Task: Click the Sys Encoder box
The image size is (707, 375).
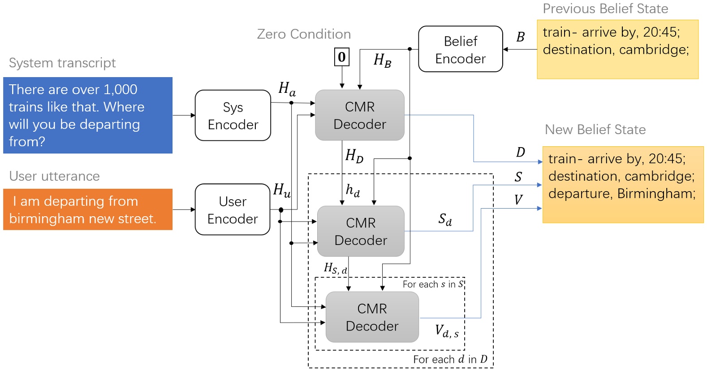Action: tap(233, 116)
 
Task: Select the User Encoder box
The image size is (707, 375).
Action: tap(233, 209)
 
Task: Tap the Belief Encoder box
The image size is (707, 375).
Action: tap(460, 49)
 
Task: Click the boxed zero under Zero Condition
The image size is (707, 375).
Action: tap(342, 57)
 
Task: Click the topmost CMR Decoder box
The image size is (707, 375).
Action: tap(360, 115)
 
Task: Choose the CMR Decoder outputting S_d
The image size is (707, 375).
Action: tap(361, 231)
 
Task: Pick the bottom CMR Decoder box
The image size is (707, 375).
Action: tap(372, 317)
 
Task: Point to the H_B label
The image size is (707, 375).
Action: tap(382, 60)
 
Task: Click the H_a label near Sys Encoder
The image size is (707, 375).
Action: tap(287, 89)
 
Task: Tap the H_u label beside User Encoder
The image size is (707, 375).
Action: tap(282, 190)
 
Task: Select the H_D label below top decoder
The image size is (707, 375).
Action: tap(354, 156)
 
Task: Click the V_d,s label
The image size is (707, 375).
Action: tap(447, 331)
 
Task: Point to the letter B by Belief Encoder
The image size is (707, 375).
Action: tap(520, 37)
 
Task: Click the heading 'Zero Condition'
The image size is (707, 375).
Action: tap(304, 34)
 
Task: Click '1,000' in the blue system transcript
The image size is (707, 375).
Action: tap(120, 89)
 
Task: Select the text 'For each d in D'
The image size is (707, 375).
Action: tap(450, 359)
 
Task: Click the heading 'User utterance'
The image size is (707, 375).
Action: tap(54, 176)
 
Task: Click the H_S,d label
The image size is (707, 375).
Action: tap(335, 269)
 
